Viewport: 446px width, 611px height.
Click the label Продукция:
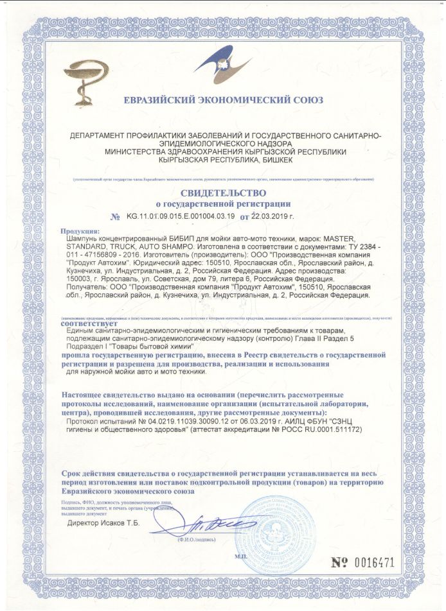(80, 230)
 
